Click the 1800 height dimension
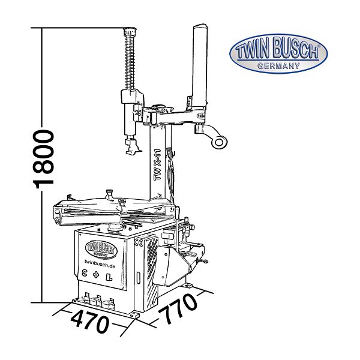tap(44, 159)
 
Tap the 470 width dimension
tap(90, 320)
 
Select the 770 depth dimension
tap(177, 308)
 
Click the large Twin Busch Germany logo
tap(278, 54)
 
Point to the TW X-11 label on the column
tap(158, 165)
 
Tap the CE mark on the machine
tap(139, 242)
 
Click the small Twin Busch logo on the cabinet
tap(101, 248)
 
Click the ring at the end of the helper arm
tap(219, 142)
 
